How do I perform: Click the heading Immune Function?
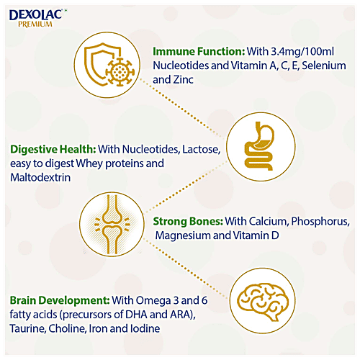point(195,52)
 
